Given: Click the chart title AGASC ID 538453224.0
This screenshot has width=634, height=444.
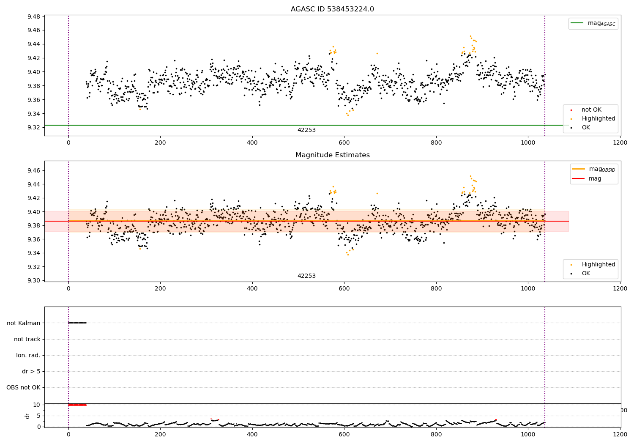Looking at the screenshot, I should (x=332, y=9).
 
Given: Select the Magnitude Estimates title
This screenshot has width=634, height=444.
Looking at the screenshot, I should (x=332, y=155).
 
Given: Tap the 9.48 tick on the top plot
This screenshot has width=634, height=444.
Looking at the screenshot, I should (x=33, y=16).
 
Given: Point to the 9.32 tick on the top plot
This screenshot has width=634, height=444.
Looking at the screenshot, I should (x=33, y=127).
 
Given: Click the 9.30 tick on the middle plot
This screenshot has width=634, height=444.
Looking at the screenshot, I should (x=33, y=280).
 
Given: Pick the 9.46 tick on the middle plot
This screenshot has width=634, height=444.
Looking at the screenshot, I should (x=33, y=170).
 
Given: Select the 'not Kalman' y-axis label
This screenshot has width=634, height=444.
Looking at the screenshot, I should (x=24, y=323).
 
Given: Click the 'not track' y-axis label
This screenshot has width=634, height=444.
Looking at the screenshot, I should (x=27, y=339).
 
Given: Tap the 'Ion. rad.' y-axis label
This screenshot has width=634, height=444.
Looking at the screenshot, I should (x=28, y=355).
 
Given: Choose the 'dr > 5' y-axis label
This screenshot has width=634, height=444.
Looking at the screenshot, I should (x=31, y=371).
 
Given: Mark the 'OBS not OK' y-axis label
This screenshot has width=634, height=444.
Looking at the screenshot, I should (x=23, y=387).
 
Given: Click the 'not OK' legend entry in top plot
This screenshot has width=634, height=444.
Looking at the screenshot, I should (x=591, y=110).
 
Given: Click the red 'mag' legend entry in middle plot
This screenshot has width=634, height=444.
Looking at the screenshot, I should (x=595, y=178).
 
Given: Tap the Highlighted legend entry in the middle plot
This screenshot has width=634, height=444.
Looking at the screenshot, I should (x=598, y=264).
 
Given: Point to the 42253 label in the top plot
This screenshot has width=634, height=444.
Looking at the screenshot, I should (x=306, y=130).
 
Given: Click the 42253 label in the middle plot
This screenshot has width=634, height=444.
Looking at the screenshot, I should (x=306, y=276).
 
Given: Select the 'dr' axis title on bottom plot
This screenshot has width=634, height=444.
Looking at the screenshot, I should (x=27, y=416).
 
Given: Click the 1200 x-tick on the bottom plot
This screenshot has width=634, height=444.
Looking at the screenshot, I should (x=620, y=434).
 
